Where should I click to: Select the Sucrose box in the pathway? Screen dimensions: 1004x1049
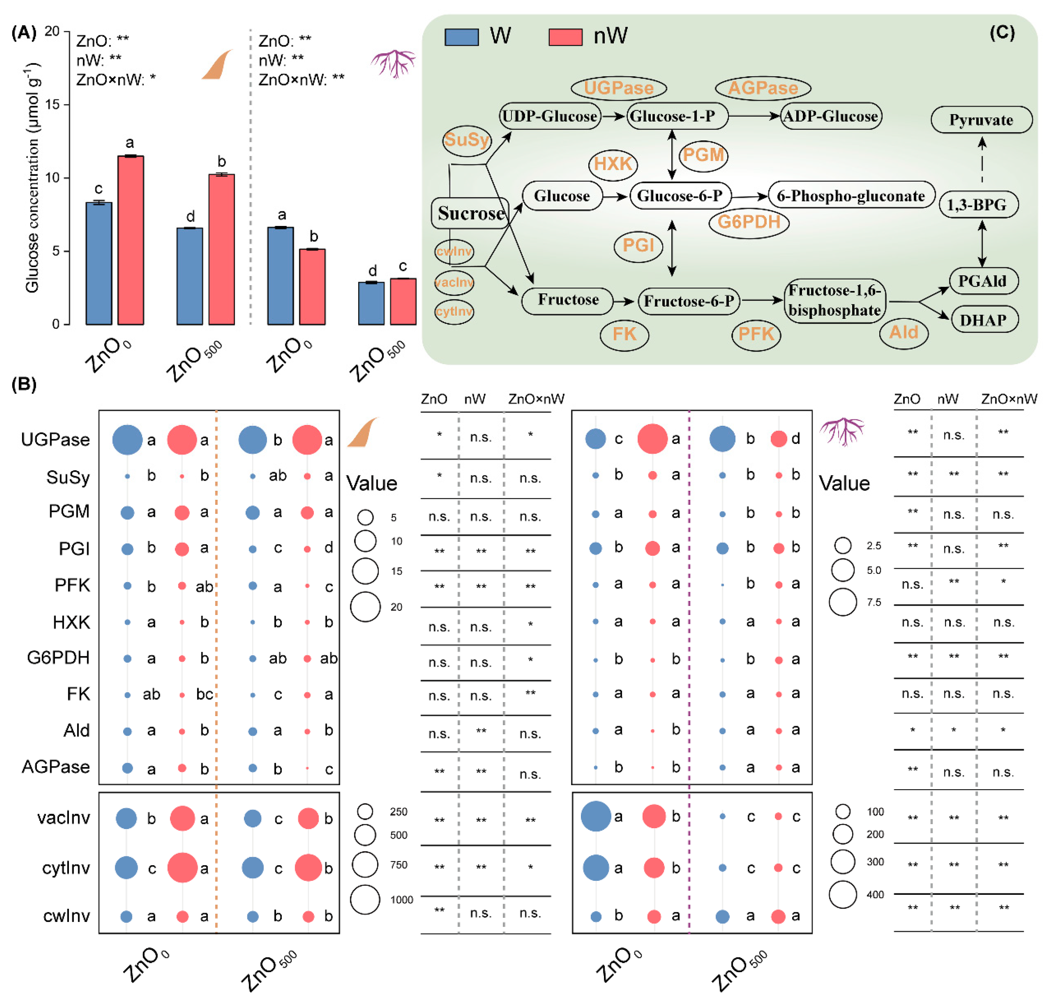(470, 213)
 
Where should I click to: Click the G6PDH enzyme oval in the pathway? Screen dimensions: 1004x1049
(748, 221)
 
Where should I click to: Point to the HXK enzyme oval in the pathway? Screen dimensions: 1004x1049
(613, 164)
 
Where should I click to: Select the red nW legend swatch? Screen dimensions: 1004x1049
(565, 37)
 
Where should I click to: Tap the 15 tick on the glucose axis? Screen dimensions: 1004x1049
(53, 104)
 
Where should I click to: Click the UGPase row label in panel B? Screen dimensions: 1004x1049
(55, 439)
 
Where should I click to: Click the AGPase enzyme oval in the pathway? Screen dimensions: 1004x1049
(762, 88)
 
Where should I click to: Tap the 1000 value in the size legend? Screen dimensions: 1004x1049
(401, 900)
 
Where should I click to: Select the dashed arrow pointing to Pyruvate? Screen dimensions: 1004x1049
(982, 161)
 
